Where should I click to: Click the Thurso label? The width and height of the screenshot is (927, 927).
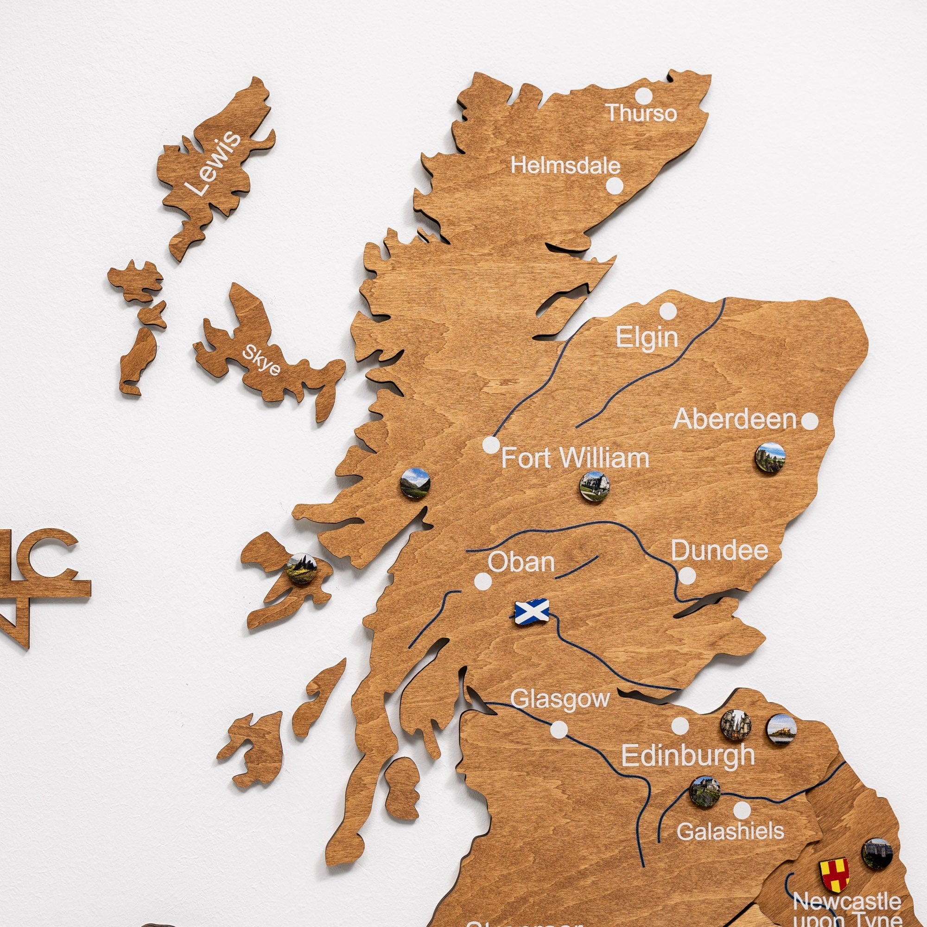[x=641, y=113]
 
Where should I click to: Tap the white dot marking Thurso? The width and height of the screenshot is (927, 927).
[x=644, y=95]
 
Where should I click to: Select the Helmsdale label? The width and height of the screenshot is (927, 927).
[x=565, y=166]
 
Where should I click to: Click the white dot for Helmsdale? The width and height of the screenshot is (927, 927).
[x=614, y=186]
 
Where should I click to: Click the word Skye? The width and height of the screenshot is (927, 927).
[x=261, y=360]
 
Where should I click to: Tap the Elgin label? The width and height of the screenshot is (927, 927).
[x=647, y=337]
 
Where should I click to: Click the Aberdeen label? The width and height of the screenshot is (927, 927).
[x=735, y=420]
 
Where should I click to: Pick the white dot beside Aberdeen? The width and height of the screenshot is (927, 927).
[x=810, y=421]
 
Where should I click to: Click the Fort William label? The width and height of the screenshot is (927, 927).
[x=575, y=458]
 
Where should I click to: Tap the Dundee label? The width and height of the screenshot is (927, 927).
[x=719, y=551]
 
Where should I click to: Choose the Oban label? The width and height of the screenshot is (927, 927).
[x=521, y=562]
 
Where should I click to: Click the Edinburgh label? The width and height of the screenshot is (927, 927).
[x=688, y=755]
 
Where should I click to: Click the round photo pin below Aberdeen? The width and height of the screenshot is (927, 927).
[x=770, y=458]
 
